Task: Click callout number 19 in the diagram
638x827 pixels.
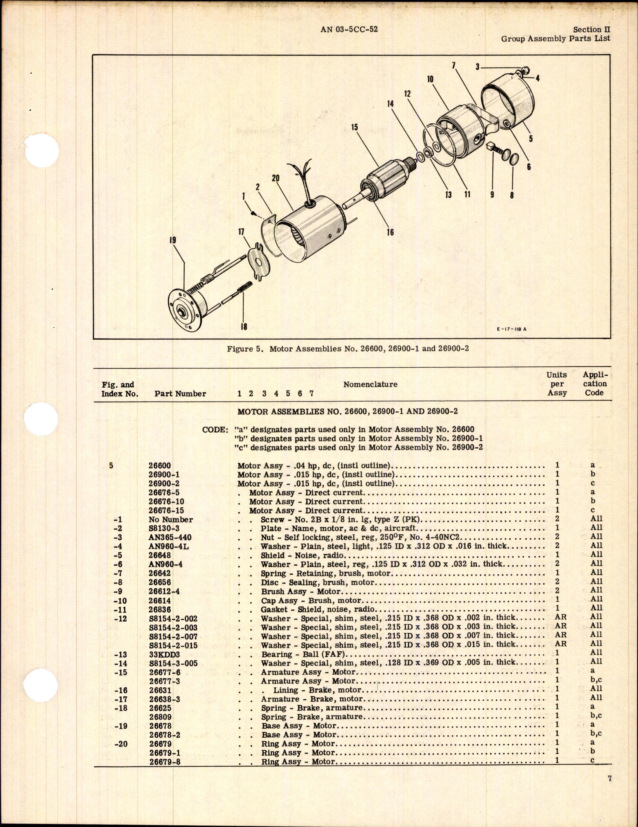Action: (x=173, y=241)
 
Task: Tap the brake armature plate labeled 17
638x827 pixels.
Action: (x=259, y=262)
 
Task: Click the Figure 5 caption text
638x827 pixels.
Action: (x=348, y=349)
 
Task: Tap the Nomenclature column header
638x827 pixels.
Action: (x=370, y=384)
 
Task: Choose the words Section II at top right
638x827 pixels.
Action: (x=591, y=30)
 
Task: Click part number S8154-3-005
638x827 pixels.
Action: (x=173, y=663)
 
